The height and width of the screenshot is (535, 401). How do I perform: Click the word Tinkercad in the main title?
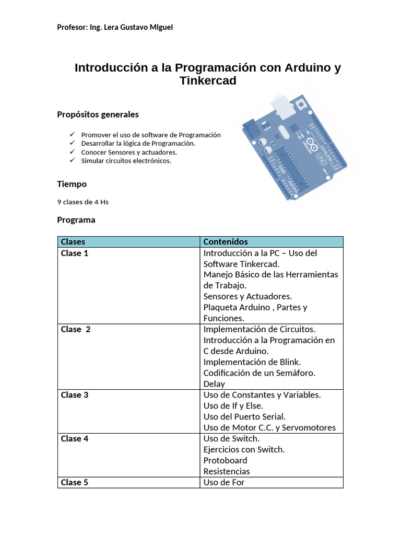click(208, 81)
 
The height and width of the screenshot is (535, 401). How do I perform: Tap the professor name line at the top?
click(115, 27)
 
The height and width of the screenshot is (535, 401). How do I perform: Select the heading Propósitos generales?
click(98, 114)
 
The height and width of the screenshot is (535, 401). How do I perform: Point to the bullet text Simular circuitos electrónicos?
click(126, 161)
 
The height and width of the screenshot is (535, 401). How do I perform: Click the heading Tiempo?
click(72, 184)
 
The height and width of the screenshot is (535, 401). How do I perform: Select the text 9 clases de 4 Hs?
click(82, 202)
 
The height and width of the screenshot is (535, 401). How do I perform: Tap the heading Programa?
click(76, 220)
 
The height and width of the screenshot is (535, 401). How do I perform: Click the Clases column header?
click(73, 242)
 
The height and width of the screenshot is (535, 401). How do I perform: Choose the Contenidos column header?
click(226, 242)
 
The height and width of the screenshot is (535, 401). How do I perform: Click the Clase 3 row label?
click(75, 395)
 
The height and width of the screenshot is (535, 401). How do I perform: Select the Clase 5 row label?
click(75, 482)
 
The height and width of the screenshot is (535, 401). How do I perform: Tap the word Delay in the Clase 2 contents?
click(214, 384)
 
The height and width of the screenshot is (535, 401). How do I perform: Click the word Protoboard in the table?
click(226, 460)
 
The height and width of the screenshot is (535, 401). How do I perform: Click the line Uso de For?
click(224, 482)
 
